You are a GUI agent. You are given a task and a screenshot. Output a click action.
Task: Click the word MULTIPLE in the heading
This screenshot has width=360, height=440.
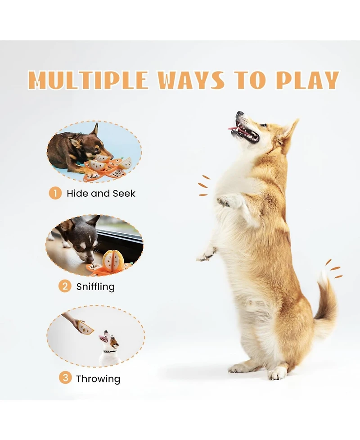(x=88, y=80)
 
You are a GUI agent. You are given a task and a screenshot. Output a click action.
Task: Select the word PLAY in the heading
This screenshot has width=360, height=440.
(x=307, y=80)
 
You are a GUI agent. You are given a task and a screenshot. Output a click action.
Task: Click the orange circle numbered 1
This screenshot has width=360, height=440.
(x=55, y=193)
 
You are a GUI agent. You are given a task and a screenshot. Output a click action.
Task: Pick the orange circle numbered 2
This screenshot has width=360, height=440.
(x=65, y=286)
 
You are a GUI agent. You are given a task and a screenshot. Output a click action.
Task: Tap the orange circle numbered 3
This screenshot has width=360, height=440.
(x=65, y=378)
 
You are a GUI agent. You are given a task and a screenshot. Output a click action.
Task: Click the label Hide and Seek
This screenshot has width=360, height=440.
(x=101, y=193)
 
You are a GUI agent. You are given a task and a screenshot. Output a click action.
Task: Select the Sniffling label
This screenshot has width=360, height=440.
(x=95, y=287)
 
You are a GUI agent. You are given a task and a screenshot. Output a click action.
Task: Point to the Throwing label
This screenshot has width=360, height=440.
(x=98, y=379)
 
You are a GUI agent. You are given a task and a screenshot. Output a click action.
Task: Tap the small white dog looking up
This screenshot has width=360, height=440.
(x=110, y=349)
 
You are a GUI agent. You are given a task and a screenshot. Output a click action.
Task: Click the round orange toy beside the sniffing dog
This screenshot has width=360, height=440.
(x=112, y=262)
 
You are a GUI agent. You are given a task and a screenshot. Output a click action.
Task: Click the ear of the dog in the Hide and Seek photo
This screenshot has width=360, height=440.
(x=95, y=130)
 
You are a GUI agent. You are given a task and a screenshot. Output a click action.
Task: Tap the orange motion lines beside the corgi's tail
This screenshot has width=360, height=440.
(x=333, y=269)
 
